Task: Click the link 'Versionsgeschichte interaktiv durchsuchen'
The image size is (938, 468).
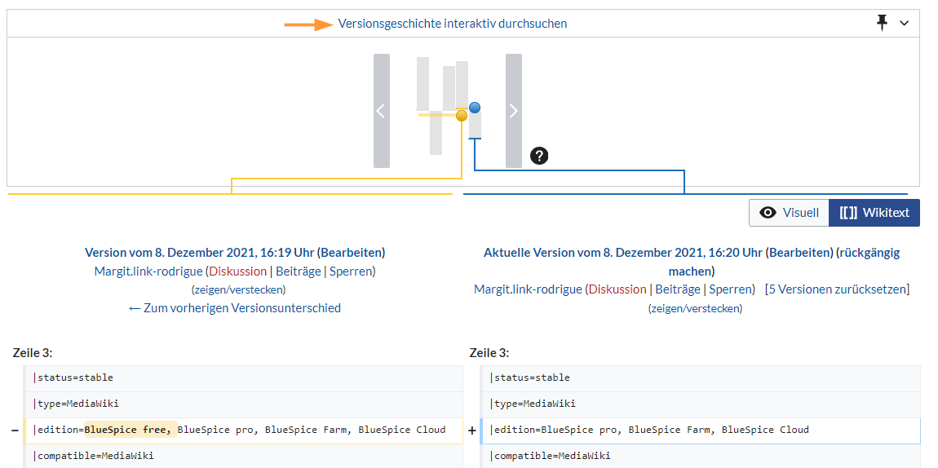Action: click(x=453, y=24)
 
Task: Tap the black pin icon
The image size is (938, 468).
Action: click(x=882, y=23)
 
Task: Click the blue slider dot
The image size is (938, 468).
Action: click(x=475, y=108)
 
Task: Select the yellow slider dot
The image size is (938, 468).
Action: click(x=462, y=116)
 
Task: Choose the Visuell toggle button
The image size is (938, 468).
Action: click(x=789, y=213)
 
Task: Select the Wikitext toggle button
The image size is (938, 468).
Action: click(x=874, y=213)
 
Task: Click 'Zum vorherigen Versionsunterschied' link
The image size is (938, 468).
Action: click(x=235, y=308)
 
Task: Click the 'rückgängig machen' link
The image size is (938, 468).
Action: click(x=783, y=262)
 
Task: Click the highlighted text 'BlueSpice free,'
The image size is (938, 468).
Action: click(x=128, y=430)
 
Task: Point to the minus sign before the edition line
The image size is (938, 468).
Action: click(x=15, y=430)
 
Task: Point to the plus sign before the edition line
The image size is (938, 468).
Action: click(x=471, y=430)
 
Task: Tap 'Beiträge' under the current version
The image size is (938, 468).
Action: click(x=677, y=289)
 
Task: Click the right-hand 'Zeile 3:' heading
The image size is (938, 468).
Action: click(x=489, y=353)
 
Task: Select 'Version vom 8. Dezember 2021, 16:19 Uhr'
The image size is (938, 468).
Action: click(x=199, y=253)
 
